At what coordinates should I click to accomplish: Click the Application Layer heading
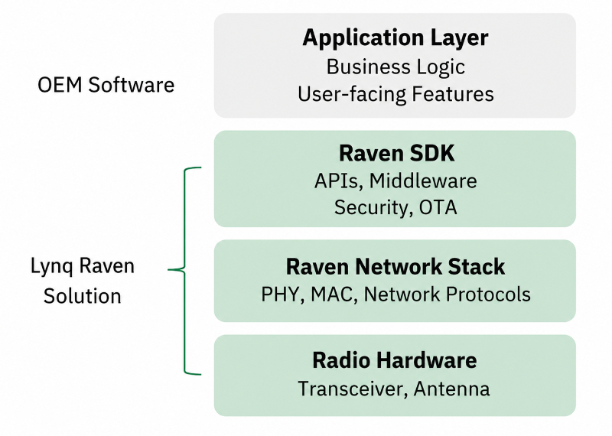pyautogui.click(x=395, y=38)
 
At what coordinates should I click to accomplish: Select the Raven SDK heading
pyautogui.click(x=396, y=153)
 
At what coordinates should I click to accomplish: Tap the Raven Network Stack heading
pyautogui.click(x=396, y=267)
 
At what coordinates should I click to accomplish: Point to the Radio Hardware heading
pyautogui.click(x=395, y=360)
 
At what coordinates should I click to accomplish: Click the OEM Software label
pyautogui.click(x=106, y=85)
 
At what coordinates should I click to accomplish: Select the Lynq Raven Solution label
pyautogui.click(x=83, y=281)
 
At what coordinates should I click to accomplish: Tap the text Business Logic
pyautogui.click(x=396, y=67)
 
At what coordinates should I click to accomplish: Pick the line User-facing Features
pyautogui.click(x=396, y=94)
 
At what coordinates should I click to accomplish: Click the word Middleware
pyautogui.click(x=423, y=181)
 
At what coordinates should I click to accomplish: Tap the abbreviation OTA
pyautogui.click(x=438, y=207)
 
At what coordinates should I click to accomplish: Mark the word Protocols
pyautogui.click(x=488, y=294)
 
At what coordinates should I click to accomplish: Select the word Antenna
pyautogui.click(x=451, y=389)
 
